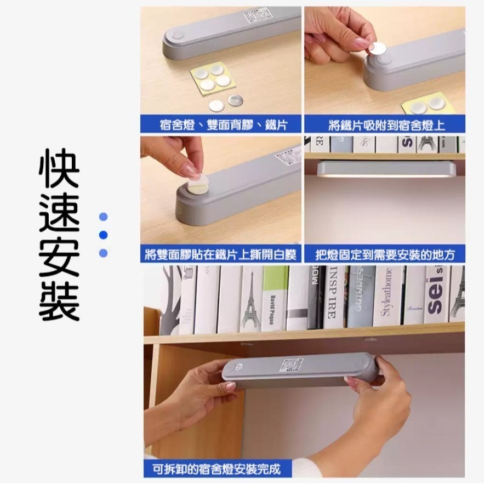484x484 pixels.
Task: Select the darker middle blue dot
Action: click(x=103, y=235)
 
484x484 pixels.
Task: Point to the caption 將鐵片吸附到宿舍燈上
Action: click(x=385, y=124)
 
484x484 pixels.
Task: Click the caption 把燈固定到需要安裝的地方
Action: click(x=385, y=254)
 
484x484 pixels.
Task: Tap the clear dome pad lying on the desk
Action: click(x=235, y=100)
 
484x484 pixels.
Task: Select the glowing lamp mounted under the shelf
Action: click(x=384, y=169)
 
